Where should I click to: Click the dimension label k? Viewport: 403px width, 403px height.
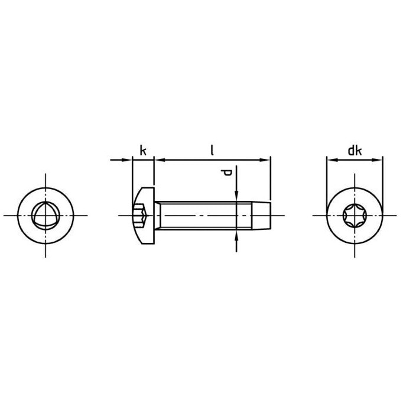tap(143, 150)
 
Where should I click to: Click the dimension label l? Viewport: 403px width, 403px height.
tap(212, 150)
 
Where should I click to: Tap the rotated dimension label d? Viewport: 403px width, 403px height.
tap(226, 173)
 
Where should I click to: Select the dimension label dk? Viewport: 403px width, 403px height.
tap(355, 151)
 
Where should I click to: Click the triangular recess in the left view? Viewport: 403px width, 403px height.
tap(45, 215)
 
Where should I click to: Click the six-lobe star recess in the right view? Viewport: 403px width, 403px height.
tap(355, 216)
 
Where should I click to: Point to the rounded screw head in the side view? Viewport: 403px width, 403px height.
tap(144, 215)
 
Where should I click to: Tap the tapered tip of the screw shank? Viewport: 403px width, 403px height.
tap(261, 215)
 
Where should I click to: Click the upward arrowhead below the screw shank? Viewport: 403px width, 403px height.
tap(236, 235)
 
